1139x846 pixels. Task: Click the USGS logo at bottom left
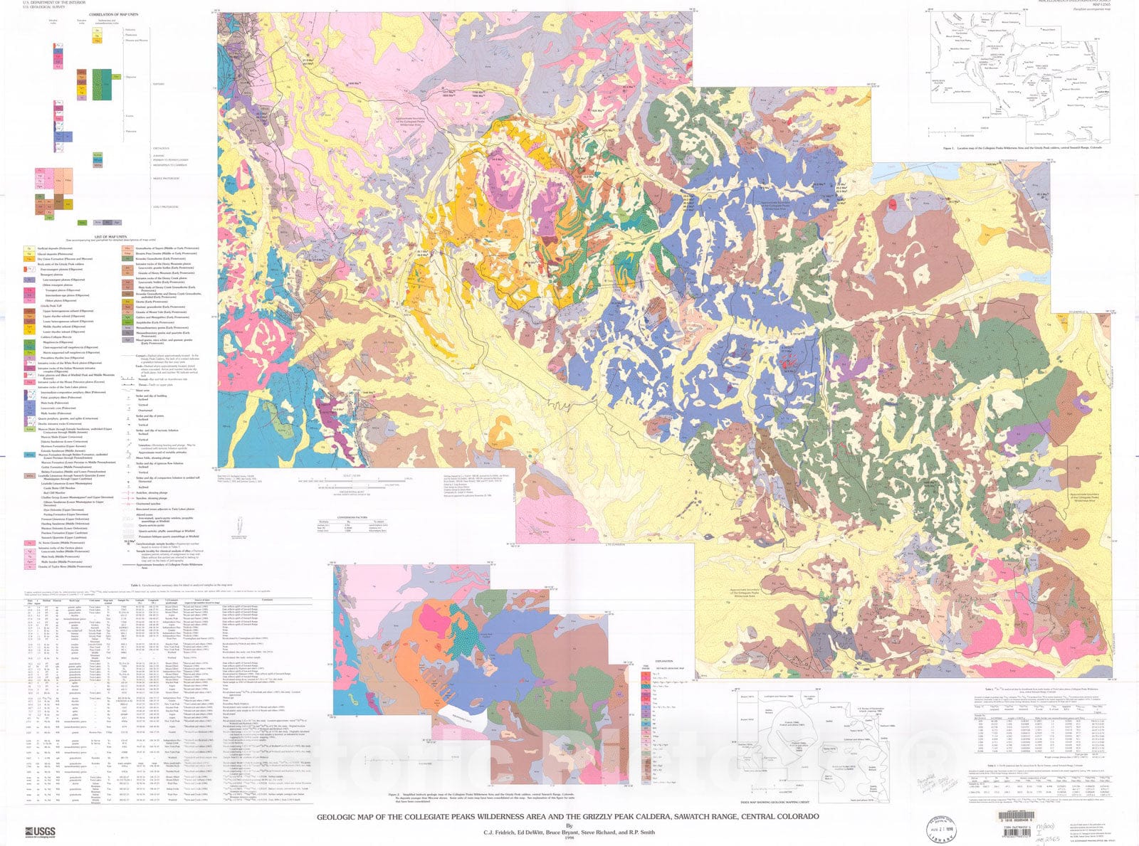click(x=38, y=831)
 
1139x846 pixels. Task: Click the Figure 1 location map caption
click(x=1021, y=149)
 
